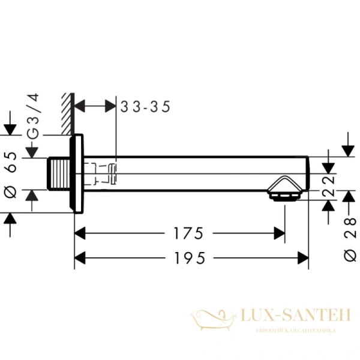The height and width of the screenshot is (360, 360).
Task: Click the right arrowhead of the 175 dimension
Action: (279, 233)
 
